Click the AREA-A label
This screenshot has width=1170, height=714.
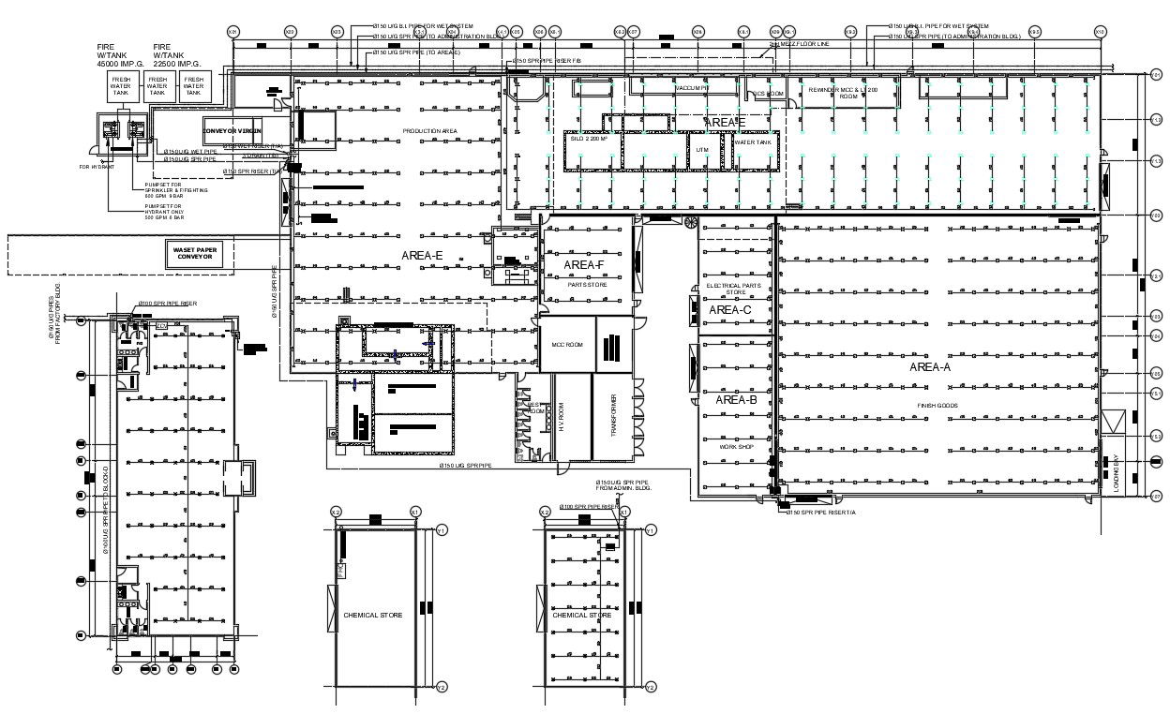(x=929, y=367)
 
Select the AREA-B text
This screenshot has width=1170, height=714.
(x=736, y=400)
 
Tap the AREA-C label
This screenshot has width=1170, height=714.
(x=730, y=310)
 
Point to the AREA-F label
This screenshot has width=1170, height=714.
(x=584, y=265)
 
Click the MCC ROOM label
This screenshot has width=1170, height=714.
(x=566, y=345)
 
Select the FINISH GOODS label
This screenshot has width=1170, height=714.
(x=937, y=405)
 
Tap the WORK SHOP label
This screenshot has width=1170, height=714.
(x=736, y=447)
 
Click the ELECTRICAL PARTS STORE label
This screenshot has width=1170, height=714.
(x=734, y=289)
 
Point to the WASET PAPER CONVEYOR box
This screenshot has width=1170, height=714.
(x=196, y=254)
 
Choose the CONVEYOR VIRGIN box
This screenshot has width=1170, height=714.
(x=232, y=131)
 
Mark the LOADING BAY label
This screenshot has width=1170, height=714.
(x=1116, y=474)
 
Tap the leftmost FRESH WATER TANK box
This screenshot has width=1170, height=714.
(x=121, y=87)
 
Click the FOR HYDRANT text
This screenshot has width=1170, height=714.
(x=97, y=167)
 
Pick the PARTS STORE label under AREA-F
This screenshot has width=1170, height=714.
(x=588, y=284)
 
